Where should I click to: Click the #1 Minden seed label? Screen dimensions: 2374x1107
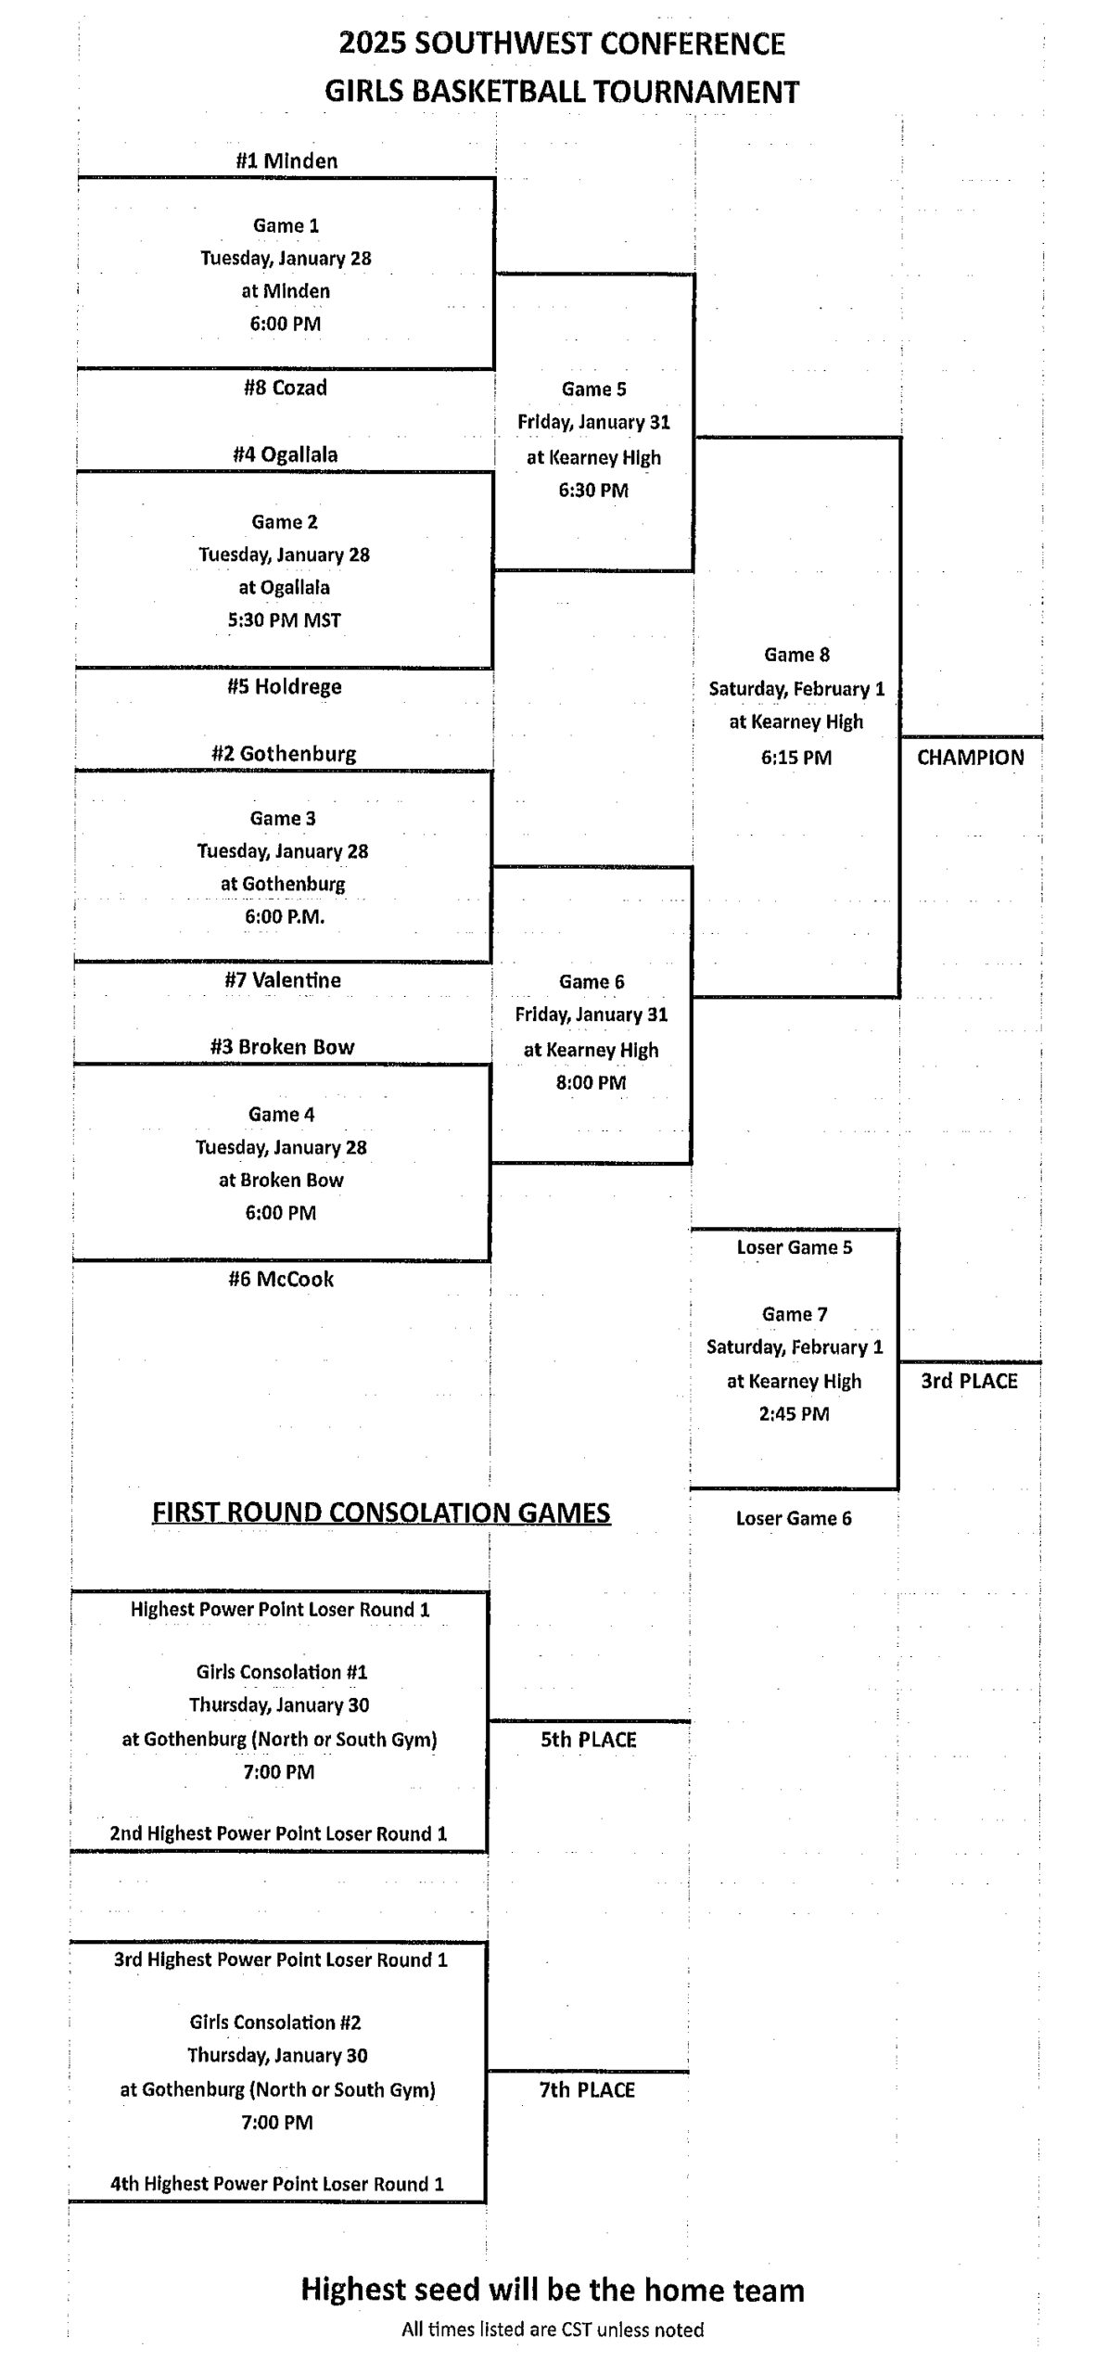(286, 160)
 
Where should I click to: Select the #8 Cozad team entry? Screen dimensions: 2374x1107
(286, 388)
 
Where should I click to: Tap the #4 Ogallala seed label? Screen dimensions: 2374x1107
(286, 454)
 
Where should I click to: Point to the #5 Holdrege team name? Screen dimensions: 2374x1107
(285, 686)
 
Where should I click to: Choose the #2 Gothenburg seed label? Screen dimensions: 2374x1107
(284, 753)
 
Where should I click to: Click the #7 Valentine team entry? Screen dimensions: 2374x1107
(283, 979)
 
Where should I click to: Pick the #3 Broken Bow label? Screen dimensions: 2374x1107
(283, 1047)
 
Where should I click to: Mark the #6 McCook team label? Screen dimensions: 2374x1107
(281, 1279)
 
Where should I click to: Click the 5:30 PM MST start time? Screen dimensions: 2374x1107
(285, 620)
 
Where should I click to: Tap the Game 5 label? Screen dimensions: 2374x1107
(593, 389)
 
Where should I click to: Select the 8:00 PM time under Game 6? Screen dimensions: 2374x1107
(592, 1082)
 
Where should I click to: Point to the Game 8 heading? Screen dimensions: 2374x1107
(796, 655)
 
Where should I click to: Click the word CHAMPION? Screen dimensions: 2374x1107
(971, 757)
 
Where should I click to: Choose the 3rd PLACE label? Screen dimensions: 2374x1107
(969, 1381)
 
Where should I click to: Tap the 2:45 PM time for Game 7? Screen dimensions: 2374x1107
(794, 1414)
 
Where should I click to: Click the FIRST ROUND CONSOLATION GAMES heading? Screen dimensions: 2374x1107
(381, 1512)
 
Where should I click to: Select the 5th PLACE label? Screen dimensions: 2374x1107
(589, 1740)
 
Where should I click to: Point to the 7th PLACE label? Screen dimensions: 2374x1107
(587, 2090)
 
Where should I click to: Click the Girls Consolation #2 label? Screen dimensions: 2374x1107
(275, 2023)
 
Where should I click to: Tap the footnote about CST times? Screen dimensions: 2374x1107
(553, 2329)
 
